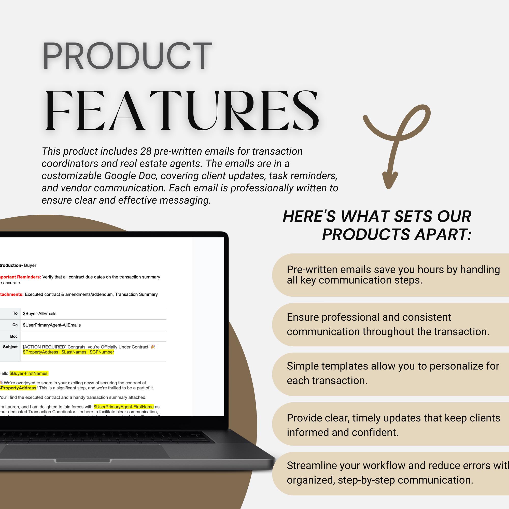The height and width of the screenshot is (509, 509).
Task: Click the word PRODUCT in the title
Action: click(127, 56)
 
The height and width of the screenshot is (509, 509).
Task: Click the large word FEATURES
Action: click(182, 111)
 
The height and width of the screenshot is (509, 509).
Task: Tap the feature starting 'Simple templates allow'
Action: click(392, 373)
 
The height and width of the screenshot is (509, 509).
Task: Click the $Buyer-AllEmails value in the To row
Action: click(39, 314)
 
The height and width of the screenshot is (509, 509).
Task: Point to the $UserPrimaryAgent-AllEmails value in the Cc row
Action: click(52, 325)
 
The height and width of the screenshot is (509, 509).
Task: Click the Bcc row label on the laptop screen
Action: click(14, 336)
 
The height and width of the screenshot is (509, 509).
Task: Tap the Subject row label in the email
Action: click(10, 347)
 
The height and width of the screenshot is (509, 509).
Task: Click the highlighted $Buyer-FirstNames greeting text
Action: click(29, 373)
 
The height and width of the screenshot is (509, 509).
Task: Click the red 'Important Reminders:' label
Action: click(20, 277)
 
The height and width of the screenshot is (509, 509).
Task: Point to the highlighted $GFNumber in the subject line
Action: click(102, 352)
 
